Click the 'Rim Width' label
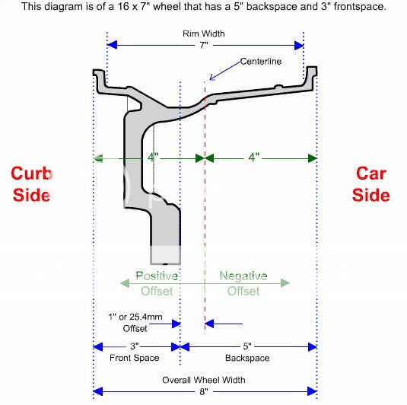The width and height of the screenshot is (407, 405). pos(204,34)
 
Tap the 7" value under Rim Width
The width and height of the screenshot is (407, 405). pos(204,46)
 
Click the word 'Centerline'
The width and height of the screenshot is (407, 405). pos(261,61)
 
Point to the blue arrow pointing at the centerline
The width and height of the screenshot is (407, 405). pos(223,70)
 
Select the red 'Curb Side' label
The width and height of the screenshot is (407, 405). pos(30,183)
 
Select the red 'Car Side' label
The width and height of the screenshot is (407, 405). pos(372,183)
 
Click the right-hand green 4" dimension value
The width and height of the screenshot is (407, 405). pos(254,158)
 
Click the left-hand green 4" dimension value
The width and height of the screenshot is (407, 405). pos(152,158)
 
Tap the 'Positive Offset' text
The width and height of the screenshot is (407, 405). pos(157,283)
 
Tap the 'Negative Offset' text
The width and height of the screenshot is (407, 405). pos(243,283)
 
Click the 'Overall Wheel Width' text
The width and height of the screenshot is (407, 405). pos(204,380)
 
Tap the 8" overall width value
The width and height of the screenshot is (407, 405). pos(204,393)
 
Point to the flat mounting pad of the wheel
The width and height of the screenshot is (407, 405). pos(167,236)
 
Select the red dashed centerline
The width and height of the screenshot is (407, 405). pos(205,228)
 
